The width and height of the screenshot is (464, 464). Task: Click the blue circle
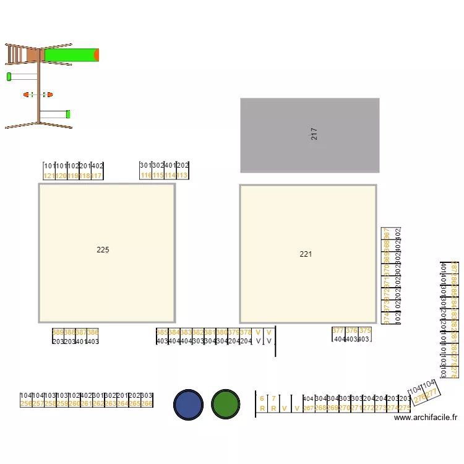coord(188,405)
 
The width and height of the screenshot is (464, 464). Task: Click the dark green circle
coord(225,405)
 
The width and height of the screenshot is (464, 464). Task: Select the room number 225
coord(103,250)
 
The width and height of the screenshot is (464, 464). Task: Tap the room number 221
coord(306,254)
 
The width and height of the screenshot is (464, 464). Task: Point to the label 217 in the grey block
coord(314,134)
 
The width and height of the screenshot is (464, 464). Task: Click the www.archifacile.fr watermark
coord(426,418)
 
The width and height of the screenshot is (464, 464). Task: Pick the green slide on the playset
coord(69,55)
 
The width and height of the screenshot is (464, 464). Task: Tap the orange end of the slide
coord(97,55)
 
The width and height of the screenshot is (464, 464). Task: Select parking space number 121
coord(49,176)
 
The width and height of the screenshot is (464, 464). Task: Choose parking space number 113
coord(183,176)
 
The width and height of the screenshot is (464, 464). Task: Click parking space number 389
coord(58,332)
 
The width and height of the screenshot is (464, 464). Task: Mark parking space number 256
coord(25,403)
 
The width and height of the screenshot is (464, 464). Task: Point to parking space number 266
coord(147,403)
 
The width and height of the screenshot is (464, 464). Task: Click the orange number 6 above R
coord(262,399)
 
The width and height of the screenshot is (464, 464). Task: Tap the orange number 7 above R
coord(273,399)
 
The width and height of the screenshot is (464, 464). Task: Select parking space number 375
coord(365,331)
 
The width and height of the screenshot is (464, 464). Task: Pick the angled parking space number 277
coord(432,393)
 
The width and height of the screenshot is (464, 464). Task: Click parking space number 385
coord(161,332)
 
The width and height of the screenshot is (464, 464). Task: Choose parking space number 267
coord(309,408)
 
